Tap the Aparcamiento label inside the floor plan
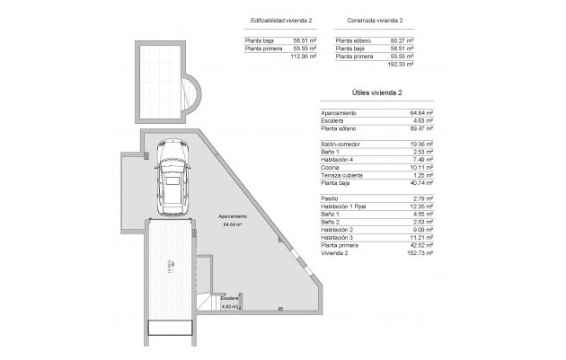(x=233, y=217)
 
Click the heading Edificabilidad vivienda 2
(x=277, y=19)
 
